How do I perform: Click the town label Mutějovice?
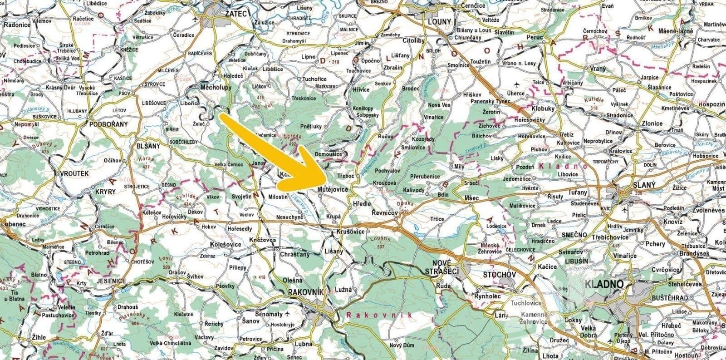333,188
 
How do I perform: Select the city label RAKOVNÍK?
305,292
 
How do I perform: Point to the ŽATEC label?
235,14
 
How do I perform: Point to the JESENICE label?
111,281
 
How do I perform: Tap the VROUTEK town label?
73,173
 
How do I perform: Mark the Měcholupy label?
216,87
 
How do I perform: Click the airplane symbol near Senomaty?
287,314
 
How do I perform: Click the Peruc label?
534,37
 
